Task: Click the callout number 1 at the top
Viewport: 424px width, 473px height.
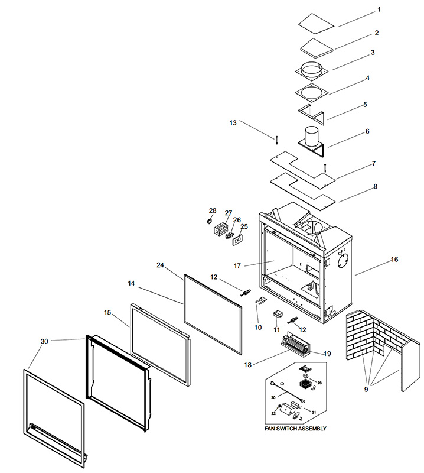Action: point(379,9)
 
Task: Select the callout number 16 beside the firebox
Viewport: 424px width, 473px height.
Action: point(394,260)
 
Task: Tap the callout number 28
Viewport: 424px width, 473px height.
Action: point(213,210)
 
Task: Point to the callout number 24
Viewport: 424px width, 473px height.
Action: point(160,265)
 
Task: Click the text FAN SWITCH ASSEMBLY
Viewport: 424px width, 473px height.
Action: point(295,428)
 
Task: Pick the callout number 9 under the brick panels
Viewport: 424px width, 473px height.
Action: point(366,389)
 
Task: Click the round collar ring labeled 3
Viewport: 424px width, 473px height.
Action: point(311,69)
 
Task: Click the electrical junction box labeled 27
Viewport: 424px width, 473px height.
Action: point(221,229)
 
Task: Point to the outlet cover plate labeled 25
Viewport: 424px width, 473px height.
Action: point(237,240)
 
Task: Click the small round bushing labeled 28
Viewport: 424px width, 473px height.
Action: point(208,222)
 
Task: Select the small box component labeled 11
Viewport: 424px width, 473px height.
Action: point(278,314)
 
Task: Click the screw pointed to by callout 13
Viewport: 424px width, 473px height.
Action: point(276,140)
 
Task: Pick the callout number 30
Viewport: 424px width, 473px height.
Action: point(44,341)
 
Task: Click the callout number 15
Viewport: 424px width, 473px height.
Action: point(107,313)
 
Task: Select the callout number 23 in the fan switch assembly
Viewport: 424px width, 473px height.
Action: point(319,383)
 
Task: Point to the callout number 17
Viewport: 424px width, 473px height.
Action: point(237,265)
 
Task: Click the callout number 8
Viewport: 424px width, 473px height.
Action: point(375,186)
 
